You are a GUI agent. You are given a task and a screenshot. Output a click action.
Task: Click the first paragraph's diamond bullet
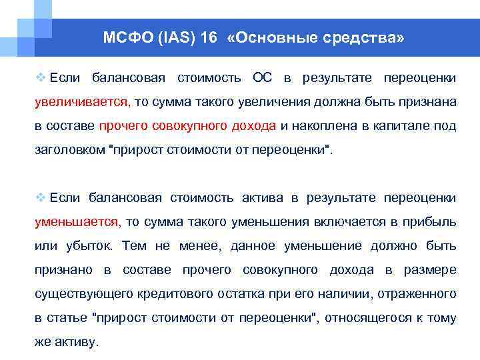coord(40,79)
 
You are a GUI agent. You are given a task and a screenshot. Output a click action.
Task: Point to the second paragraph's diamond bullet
coord(40,198)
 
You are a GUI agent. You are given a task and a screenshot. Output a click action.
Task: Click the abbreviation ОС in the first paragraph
coord(262,79)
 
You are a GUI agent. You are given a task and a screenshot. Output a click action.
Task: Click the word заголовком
coord(69,150)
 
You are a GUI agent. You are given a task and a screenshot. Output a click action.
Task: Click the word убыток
coord(89,246)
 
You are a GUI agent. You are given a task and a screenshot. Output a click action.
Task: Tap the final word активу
coord(77,342)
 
